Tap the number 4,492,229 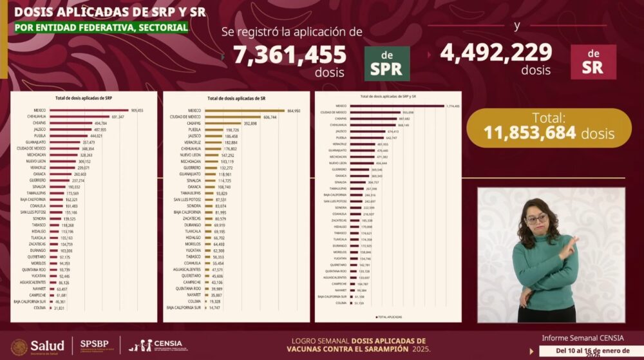coord(496,52)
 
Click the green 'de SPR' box coord(387,63)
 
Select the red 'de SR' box coord(593,62)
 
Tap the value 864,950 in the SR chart coord(292,111)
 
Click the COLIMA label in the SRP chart coord(39,308)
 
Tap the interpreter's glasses coord(536,219)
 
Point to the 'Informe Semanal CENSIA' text coord(583,337)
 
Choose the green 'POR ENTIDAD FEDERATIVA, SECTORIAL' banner coord(98,28)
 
